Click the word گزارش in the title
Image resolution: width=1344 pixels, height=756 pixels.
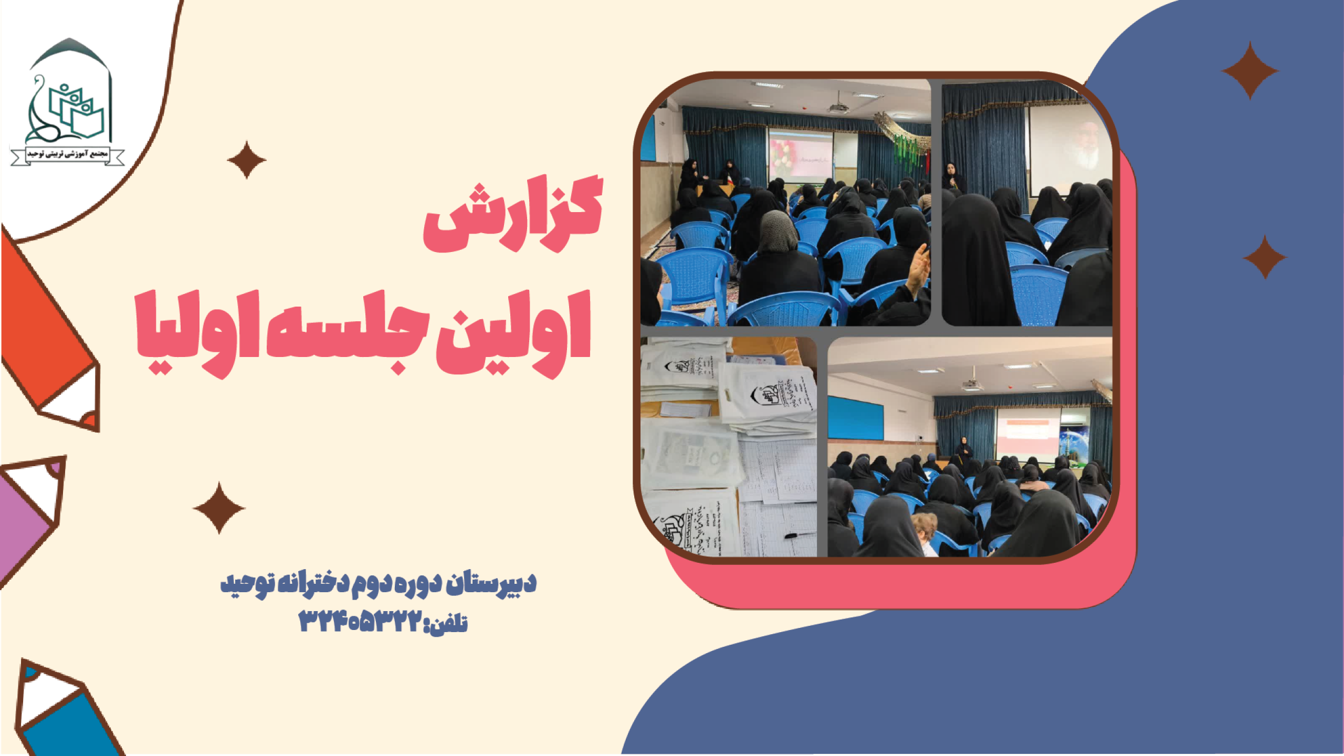pos(513,215)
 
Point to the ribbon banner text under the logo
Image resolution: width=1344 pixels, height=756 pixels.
pos(68,154)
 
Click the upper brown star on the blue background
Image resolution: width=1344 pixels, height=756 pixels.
pos(1249,70)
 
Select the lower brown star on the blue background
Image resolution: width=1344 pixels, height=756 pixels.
pos(1265,257)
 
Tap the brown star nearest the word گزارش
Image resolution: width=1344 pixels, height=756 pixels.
pos(246,160)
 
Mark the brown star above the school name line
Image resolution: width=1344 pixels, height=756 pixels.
pos(219,508)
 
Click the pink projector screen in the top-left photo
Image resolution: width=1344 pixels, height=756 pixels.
pos(800,155)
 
